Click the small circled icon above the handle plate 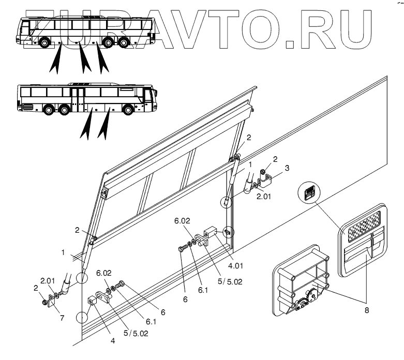click(308, 193)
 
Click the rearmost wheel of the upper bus click(43, 42)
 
